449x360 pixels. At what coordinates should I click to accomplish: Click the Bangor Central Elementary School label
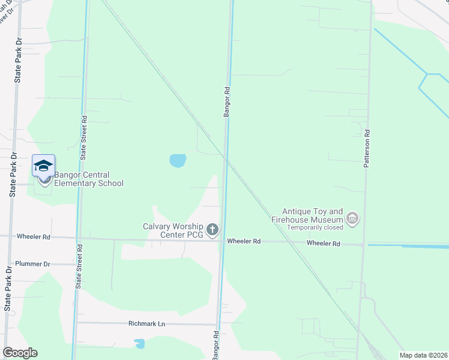(x=89, y=179)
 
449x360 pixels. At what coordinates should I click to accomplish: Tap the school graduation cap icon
(x=43, y=166)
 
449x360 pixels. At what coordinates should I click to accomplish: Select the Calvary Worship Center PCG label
(x=173, y=230)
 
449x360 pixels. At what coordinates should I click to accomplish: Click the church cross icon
(x=212, y=229)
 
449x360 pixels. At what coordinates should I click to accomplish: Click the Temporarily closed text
(x=315, y=227)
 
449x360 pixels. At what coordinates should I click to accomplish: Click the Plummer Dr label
(x=32, y=264)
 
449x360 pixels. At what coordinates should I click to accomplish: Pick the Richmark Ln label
(x=146, y=323)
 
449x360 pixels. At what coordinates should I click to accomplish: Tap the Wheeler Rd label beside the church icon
(x=244, y=241)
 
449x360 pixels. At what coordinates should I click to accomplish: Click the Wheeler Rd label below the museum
(x=324, y=244)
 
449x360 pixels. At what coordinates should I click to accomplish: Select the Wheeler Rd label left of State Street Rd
(x=34, y=237)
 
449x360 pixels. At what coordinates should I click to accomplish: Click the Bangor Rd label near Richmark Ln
(x=215, y=344)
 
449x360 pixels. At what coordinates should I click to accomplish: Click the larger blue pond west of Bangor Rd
(x=178, y=160)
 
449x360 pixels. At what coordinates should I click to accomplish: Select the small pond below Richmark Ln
(x=140, y=344)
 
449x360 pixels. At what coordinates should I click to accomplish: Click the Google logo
(x=20, y=353)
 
